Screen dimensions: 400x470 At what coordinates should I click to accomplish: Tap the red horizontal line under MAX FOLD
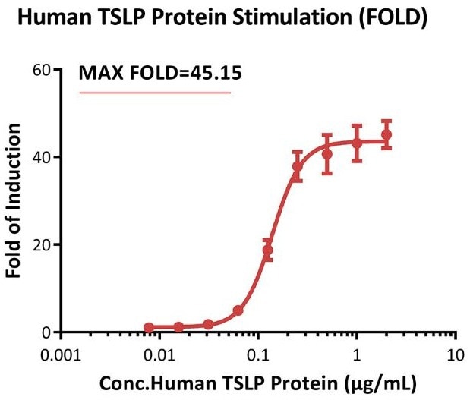(155, 93)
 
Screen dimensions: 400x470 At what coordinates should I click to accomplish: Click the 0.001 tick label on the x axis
(62, 354)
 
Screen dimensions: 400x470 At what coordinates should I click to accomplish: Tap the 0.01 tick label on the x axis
(159, 354)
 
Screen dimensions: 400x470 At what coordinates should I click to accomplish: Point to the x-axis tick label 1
(356, 354)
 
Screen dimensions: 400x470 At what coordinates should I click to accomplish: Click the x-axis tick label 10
(454, 354)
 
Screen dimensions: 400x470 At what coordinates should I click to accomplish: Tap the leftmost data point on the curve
(149, 328)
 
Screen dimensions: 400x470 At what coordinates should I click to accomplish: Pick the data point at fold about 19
(267, 250)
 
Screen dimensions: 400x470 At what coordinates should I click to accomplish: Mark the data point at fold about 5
(238, 310)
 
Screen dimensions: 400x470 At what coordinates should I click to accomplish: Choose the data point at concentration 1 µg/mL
(357, 143)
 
